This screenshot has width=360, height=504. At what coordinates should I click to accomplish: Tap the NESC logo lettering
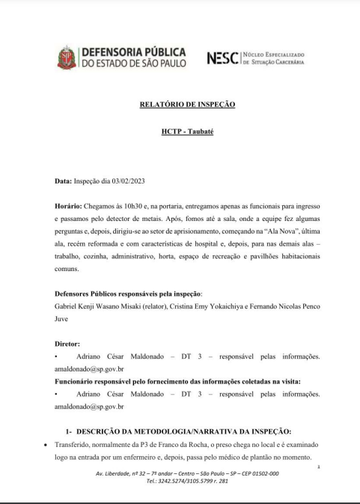click(222, 57)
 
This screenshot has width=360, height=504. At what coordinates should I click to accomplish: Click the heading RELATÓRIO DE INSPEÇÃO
click(187, 104)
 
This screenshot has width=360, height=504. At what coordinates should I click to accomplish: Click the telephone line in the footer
click(187, 481)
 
